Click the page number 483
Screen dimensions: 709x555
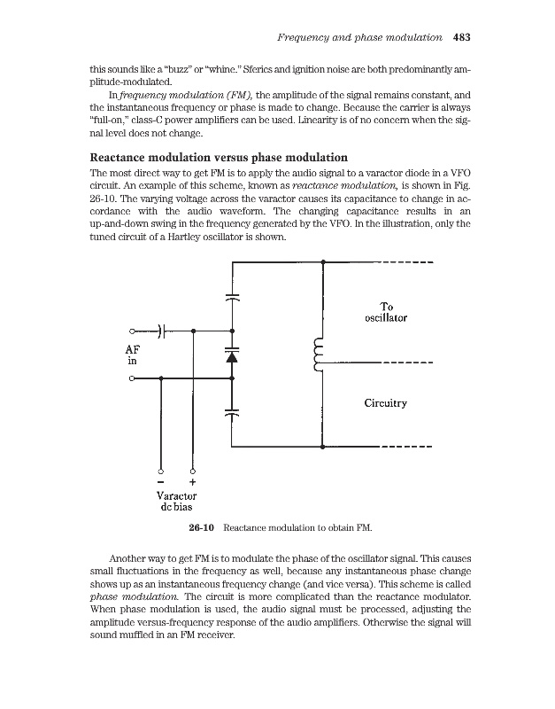point(460,38)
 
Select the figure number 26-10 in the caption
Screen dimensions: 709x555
point(203,529)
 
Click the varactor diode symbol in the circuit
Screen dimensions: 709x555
point(232,356)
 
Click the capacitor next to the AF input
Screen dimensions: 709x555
point(163,330)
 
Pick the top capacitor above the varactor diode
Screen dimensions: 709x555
point(232,296)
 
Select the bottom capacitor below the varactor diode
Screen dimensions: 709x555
point(232,413)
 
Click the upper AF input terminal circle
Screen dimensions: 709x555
point(132,330)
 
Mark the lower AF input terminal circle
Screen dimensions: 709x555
point(132,378)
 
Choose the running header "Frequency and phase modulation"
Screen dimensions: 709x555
point(359,38)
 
